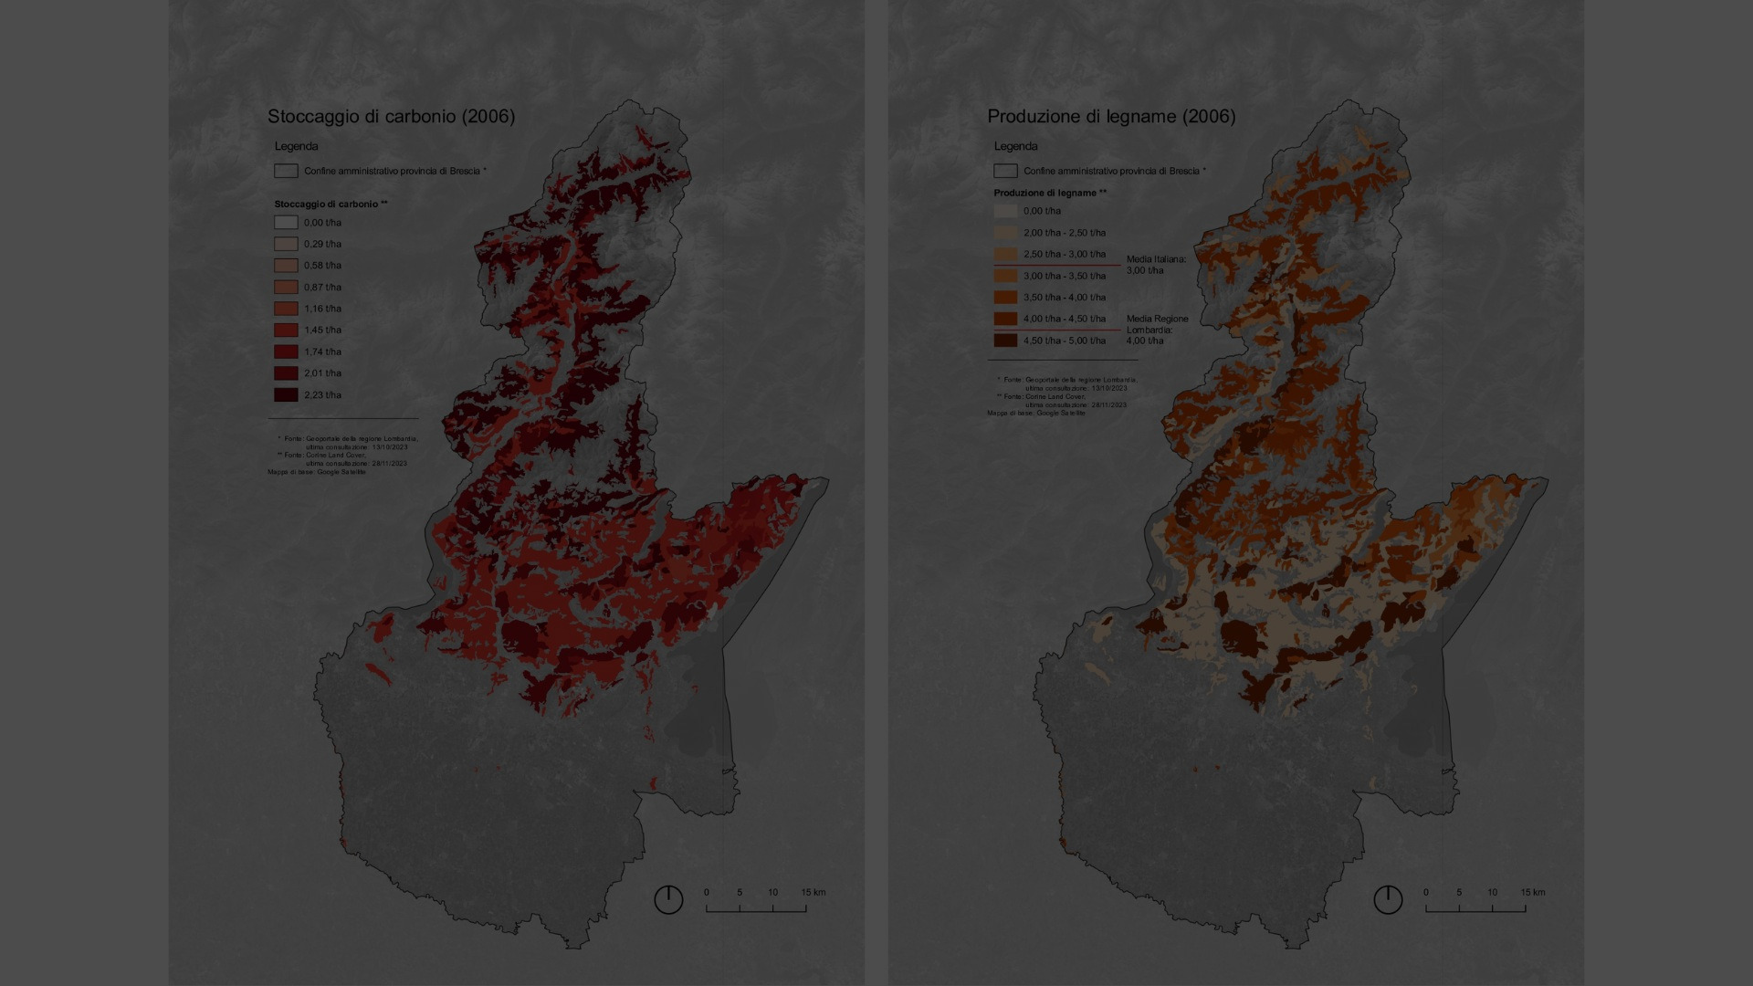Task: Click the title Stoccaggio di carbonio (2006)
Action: pos(391,116)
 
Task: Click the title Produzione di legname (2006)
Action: pos(1111,116)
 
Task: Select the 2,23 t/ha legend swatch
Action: pos(286,395)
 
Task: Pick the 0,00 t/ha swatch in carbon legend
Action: pos(286,223)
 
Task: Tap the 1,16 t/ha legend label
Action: pos(322,309)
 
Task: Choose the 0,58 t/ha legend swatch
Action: pos(286,266)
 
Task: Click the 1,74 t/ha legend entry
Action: pos(322,351)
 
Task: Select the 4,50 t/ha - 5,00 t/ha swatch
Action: pos(1005,341)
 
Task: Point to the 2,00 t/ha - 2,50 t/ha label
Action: pos(1064,233)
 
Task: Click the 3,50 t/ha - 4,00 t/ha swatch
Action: pos(1005,298)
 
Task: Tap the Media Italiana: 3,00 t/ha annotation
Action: pos(1155,265)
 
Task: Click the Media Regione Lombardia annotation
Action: pos(1157,330)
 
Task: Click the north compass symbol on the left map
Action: pos(668,899)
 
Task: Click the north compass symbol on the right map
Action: pos(1388,899)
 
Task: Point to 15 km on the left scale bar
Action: pos(813,892)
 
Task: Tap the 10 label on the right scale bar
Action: pos(1492,892)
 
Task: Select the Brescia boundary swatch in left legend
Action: pos(286,171)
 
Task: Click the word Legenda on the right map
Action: pos(1015,146)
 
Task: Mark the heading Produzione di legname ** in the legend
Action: pos(1050,193)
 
